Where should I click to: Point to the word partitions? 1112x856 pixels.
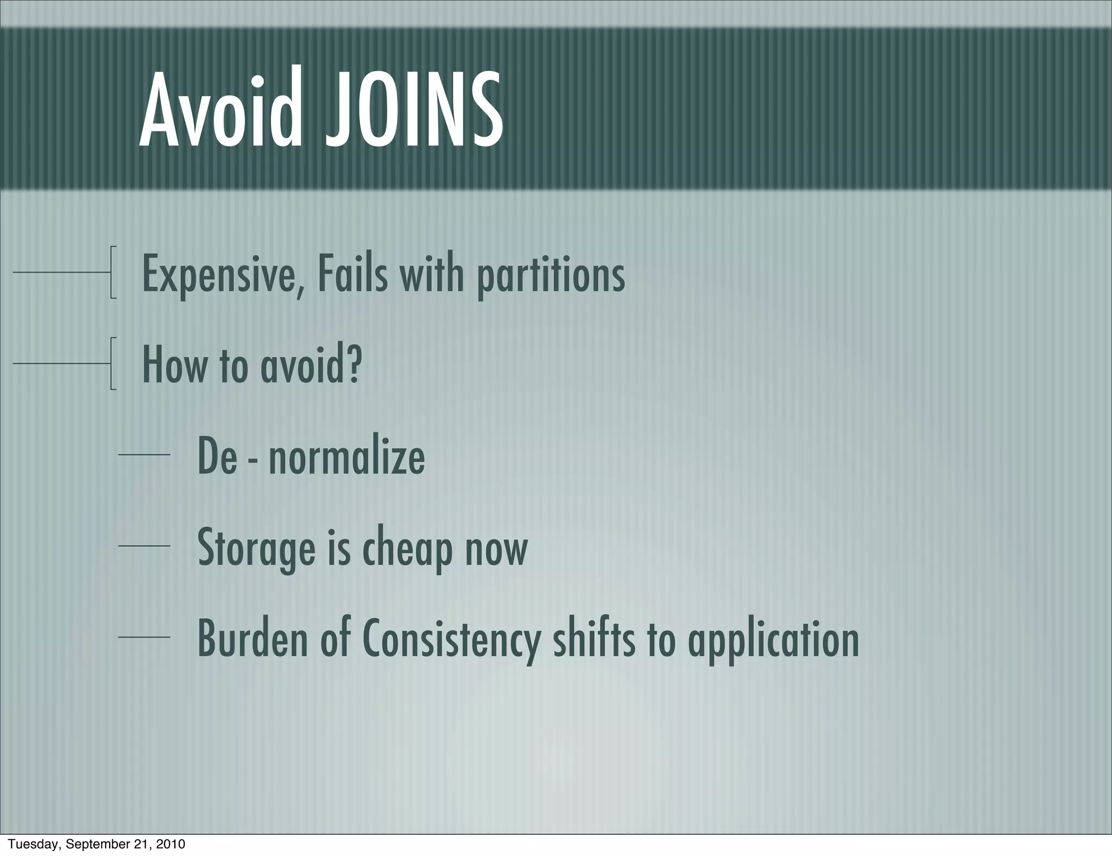[551, 276]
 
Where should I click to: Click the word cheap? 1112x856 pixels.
[407, 549]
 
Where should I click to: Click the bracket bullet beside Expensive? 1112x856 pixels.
[112, 272]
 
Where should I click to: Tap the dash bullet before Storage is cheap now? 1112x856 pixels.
[144, 546]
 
